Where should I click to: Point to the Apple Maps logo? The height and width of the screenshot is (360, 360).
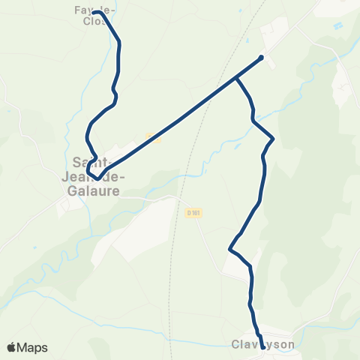[27, 347]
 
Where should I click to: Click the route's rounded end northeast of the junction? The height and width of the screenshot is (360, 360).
[261, 58]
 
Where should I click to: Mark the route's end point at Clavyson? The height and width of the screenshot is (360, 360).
[262, 346]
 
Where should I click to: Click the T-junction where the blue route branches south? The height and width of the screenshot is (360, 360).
[236, 77]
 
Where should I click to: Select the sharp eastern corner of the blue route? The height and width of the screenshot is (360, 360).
[273, 139]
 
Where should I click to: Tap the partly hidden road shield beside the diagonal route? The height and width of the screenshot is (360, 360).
[154, 137]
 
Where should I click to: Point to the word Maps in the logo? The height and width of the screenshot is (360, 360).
[34, 347]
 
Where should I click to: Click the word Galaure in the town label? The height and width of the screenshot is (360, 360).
[93, 192]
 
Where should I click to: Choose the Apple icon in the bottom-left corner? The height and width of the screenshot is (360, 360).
[12, 347]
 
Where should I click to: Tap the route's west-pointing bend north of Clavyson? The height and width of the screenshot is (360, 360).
[229, 250]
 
